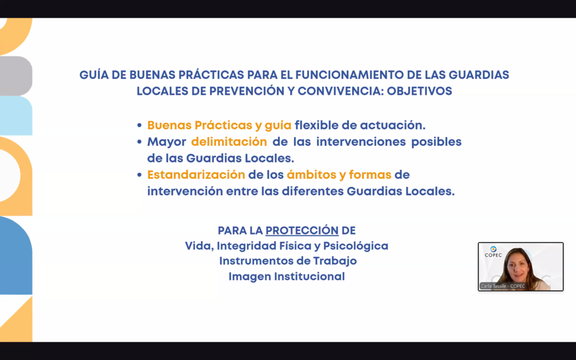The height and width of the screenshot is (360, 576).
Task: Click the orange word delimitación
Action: (x=229, y=142)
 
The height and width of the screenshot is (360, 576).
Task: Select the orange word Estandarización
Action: (x=196, y=175)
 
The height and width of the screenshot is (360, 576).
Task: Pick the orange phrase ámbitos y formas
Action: (x=339, y=175)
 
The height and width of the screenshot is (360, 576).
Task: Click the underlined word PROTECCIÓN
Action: (x=302, y=231)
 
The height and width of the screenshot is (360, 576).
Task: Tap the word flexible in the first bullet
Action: (x=316, y=125)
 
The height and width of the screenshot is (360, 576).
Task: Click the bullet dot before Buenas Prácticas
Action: (x=139, y=125)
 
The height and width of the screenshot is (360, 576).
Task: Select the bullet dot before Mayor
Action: (x=139, y=142)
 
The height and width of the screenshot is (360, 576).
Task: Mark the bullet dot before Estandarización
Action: (x=139, y=175)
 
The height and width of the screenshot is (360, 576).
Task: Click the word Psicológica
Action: (x=355, y=246)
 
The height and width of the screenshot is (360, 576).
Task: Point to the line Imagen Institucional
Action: (x=286, y=277)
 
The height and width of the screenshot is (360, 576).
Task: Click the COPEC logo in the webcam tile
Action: (x=493, y=252)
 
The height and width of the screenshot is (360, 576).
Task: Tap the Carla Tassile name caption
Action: (x=502, y=286)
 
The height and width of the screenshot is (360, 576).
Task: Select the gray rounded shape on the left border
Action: (x=15, y=76)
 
